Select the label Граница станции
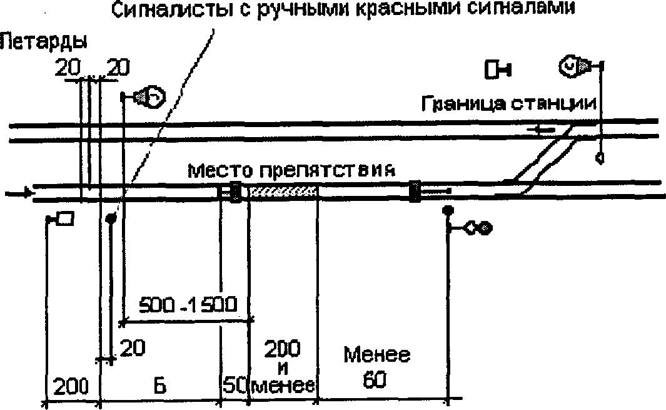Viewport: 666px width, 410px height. pos(509,103)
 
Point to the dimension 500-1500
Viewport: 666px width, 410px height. pos(187,305)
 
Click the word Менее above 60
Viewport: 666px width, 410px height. pos(377,356)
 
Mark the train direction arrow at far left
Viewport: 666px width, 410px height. pos(18,193)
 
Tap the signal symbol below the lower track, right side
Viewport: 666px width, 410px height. pos(478,229)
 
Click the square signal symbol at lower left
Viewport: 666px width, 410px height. pos(65,218)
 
